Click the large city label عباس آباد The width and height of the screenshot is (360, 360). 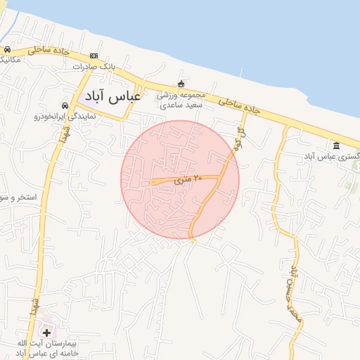[113, 96]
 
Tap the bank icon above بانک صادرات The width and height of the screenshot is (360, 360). [94, 56]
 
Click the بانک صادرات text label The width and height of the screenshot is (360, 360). [94, 67]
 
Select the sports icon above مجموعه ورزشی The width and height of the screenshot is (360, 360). [181, 84]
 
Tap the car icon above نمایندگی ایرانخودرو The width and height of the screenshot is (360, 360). [65, 105]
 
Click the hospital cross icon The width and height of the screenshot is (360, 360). [46, 332]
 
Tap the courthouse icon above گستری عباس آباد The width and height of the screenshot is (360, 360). [336, 146]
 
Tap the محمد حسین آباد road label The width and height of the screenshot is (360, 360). [296, 295]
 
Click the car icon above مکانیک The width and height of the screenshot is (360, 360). [6, 50]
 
